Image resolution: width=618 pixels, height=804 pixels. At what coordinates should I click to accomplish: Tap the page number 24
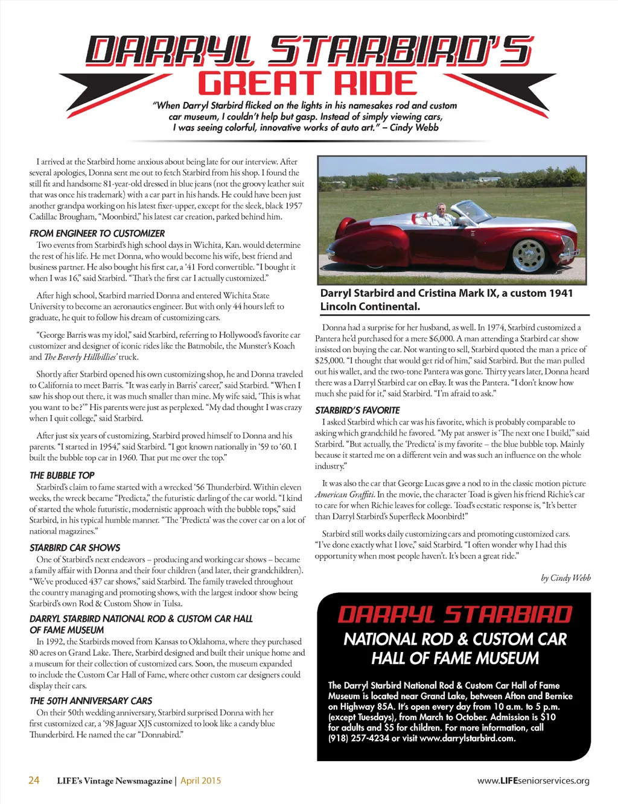click(x=34, y=780)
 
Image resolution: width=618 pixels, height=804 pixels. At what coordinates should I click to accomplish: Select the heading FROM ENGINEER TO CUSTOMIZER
click(x=97, y=233)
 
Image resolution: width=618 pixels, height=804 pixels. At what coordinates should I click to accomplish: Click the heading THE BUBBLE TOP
click(x=62, y=475)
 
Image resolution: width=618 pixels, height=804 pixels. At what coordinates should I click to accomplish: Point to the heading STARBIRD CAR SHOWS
click(x=75, y=548)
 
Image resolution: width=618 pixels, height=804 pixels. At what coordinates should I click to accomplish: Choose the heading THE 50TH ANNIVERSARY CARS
click(x=91, y=701)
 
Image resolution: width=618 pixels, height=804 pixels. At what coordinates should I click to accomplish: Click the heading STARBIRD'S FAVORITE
click(x=357, y=410)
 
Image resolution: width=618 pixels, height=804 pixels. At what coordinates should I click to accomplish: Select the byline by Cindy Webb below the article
click(x=565, y=578)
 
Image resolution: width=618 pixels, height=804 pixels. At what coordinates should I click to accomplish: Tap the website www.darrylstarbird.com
click(x=467, y=738)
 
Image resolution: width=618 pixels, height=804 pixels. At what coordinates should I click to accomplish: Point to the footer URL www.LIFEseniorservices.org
click(x=533, y=780)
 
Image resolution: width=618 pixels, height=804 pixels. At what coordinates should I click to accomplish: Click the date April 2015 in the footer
click(x=200, y=780)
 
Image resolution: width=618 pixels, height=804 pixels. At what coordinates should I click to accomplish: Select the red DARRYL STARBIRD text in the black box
click(x=454, y=615)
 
